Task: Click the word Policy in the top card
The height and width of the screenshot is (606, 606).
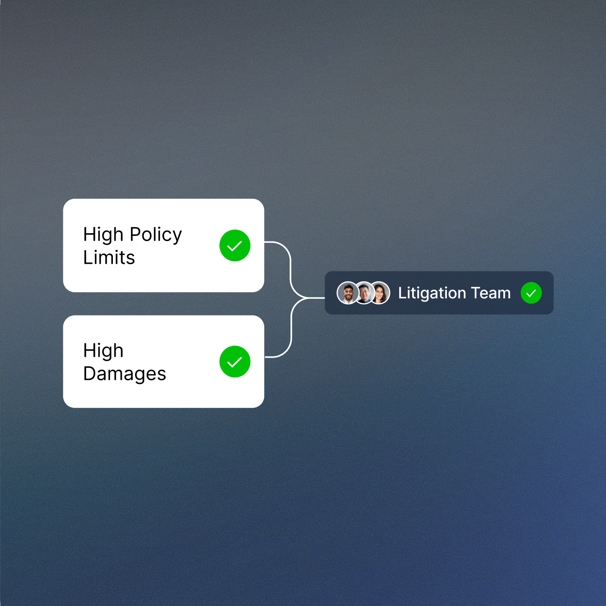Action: pyautogui.click(x=155, y=235)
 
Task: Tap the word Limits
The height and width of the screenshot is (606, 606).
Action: pyautogui.click(x=109, y=258)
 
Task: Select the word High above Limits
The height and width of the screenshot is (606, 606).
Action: pyautogui.click(x=103, y=235)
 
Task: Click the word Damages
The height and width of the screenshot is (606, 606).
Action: pyautogui.click(x=124, y=374)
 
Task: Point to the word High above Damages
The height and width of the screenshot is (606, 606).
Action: pyautogui.click(x=103, y=351)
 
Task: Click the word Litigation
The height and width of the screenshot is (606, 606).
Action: pyautogui.click(x=432, y=293)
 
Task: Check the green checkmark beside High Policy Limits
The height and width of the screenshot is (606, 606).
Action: pyautogui.click(x=235, y=246)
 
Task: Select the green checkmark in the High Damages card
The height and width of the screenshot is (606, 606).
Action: pyautogui.click(x=235, y=362)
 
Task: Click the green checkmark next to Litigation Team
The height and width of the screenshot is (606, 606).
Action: pyautogui.click(x=531, y=293)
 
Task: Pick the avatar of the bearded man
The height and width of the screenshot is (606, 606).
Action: pyautogui.click(x=348, y=293)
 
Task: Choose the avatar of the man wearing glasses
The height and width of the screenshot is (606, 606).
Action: pyautogui.click(x=364, y=293)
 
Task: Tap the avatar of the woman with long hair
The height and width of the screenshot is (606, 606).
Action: pyautogui.click(x=380, y=293)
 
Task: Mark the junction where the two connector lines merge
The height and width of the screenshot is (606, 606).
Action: pyautogui.click(x=308, y=298)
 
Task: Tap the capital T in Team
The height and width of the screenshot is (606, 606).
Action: pyautogui.click(x=475, y=293)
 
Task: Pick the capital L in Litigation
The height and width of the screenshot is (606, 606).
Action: pyautogui.click(x=401, y=293)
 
